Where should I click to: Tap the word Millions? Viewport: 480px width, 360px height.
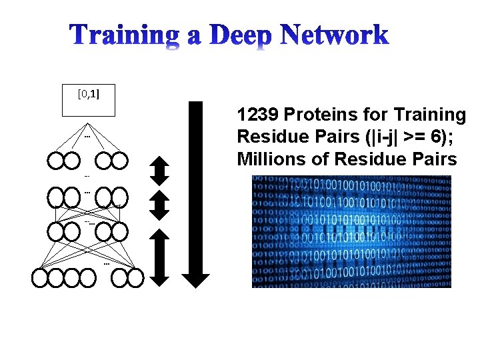pos(267,159)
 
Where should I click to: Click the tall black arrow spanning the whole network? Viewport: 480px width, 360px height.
pos(196,194)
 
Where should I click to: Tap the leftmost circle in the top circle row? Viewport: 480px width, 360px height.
pos(55,161)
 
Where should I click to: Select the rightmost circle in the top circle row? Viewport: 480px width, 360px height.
pos(119,161)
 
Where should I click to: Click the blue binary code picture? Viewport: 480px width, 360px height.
pos(351,231)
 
